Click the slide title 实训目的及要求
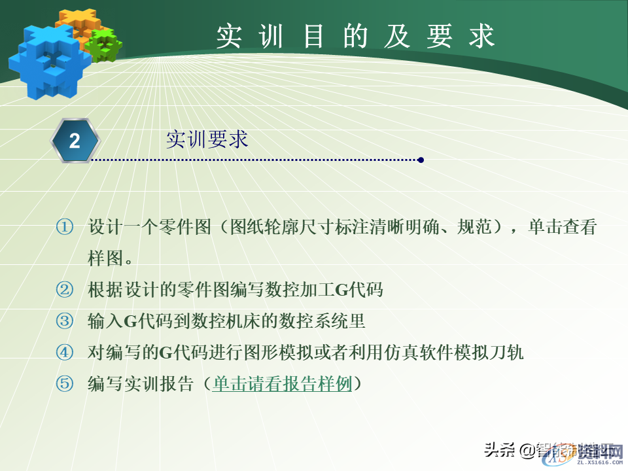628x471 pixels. (355, 37)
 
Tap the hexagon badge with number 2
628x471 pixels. (75, 141)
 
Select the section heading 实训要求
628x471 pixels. (207, 139)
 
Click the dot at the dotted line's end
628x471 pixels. (421, 160)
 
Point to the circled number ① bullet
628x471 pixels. (64, 228)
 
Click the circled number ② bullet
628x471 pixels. (64, 290)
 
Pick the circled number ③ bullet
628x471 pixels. (64, 321)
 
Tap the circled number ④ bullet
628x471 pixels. (64, 353)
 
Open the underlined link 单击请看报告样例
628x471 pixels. (283, 384)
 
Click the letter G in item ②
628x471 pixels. (341, 290)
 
